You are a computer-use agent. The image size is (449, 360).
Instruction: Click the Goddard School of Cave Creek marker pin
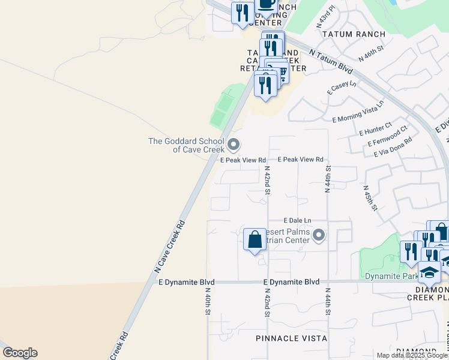pyautogui.click(x=234, y=145)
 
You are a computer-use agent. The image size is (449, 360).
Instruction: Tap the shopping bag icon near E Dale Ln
pyautogui.click(x=255, y=240)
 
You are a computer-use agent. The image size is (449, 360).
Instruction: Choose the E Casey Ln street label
pyautogui.click(x=342, y=88)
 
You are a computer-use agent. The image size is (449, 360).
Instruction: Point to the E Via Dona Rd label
pyautogui.click(x=393, y=148)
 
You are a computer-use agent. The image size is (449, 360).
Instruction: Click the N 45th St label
pyautogui.click(x=369, y=197)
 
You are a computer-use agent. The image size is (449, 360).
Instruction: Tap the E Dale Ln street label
pyautogui.click(x=298, y=221)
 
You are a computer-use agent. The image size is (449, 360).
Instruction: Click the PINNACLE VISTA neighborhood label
pyautogui.click(x=291, y=339)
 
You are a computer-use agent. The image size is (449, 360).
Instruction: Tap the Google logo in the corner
pyautogui.click(x=19, y=353)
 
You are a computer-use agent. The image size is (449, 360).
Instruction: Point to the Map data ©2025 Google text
pyautogui.click(x=412, y=355)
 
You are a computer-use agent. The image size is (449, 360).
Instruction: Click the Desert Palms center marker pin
pyautogui.click(x=319, y=235)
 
